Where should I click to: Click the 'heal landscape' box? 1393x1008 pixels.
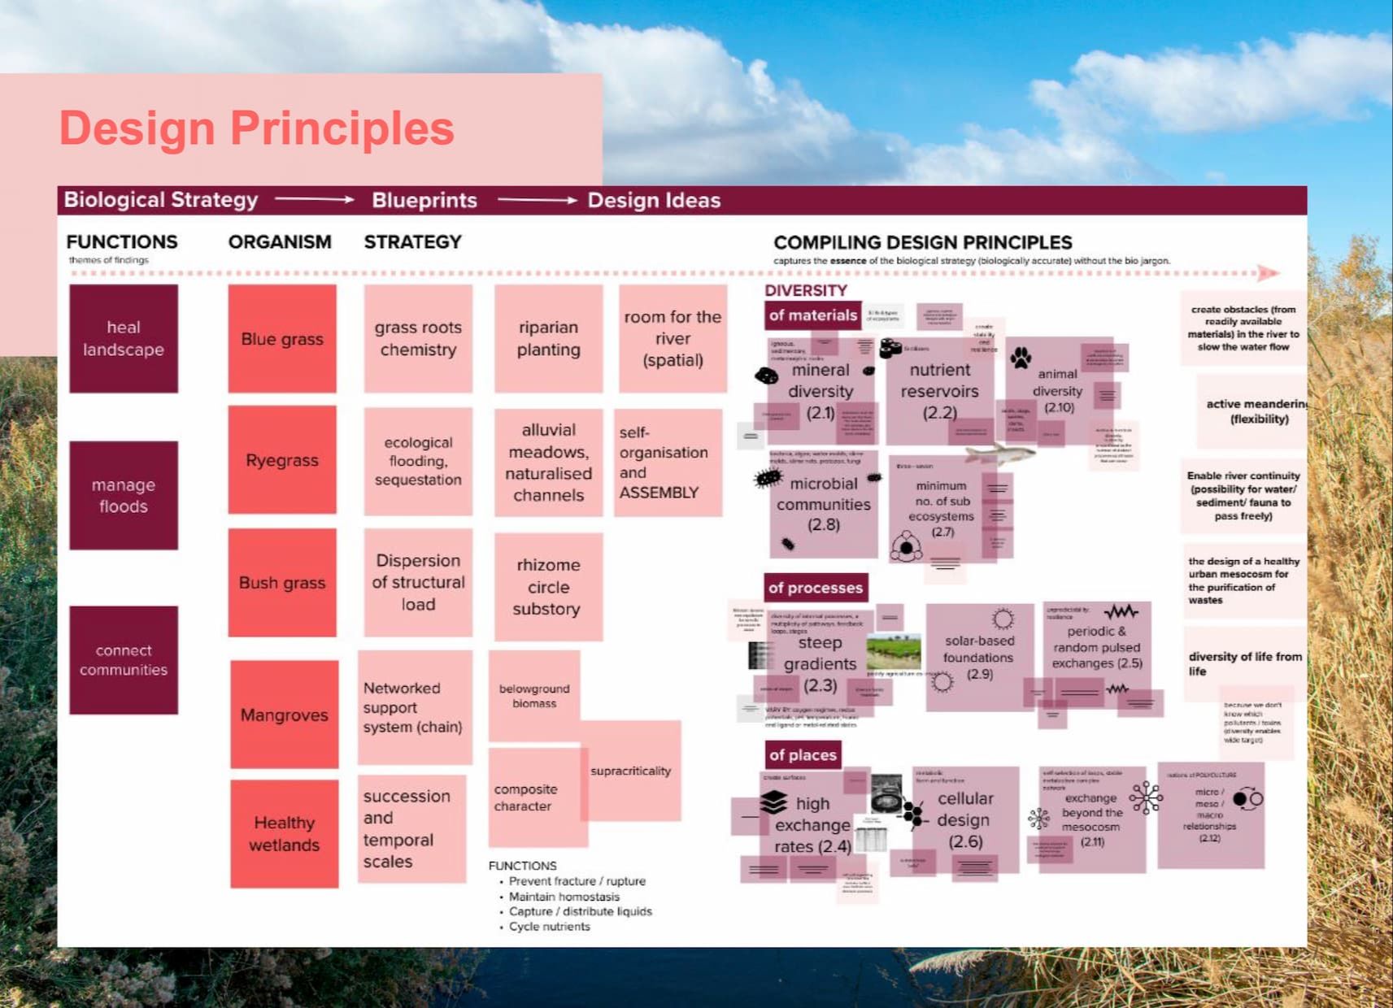click(x=124, y=338)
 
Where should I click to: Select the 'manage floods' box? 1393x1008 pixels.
click(x=124, y=495)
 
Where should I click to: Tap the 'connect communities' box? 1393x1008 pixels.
click(x=124, y=660)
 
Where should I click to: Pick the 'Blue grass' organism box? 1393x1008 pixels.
click(x=282, y=338)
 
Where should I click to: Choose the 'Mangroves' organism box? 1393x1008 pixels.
click(x=284, y=715)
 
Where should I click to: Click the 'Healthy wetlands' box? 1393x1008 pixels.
click(x=284, y=833)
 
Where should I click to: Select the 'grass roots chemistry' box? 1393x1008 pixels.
click(x=418, y=338)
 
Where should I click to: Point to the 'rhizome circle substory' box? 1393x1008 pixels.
click(x=548, y=587)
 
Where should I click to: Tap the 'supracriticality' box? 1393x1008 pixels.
click(x=631, y=771)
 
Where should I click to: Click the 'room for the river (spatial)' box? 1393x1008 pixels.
click(x=673, y=338)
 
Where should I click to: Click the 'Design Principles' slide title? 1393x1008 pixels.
click(x=256, y=128)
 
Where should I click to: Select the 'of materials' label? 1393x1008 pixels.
click(x=812, y=315)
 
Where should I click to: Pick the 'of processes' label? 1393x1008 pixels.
click(x=815, y=588)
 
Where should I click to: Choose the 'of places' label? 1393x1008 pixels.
click(x=802, y=755)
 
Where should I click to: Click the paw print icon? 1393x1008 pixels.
click(x=1021, y=356)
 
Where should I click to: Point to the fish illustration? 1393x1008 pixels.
click(x=999, y=453)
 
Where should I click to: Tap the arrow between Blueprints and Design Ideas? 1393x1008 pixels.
click(x=537, y=200)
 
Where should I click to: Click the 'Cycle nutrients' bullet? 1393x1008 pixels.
click(x=549, y=927)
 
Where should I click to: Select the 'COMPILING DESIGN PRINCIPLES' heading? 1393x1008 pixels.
click(x=922, y=242)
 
